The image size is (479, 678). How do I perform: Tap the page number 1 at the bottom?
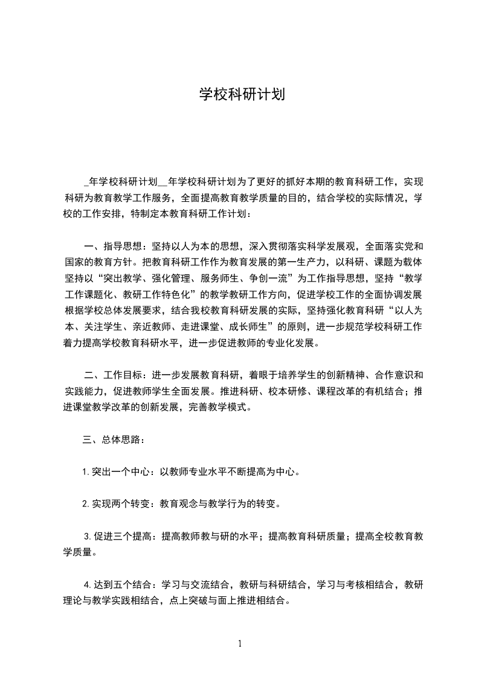240,644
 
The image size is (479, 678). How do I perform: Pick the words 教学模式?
223,407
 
